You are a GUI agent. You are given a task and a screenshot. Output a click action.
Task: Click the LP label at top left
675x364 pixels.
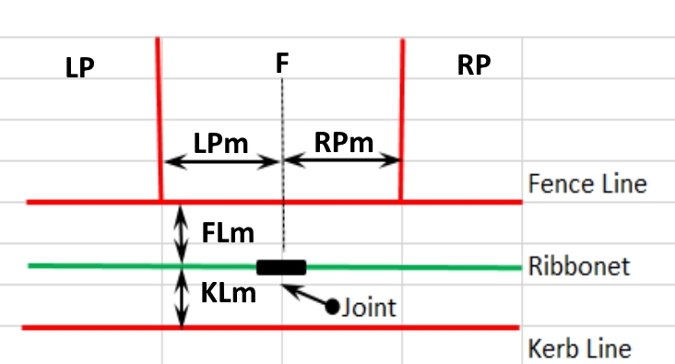pyautogui.click(x=80, y=69)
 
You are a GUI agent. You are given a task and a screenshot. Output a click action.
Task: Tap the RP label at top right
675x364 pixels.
pyautogui.click(x=473, y=65)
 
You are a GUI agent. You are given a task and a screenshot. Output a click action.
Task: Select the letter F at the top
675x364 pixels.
pyautogui.click(x=282, y=64)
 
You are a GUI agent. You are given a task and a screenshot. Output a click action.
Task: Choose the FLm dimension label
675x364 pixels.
pyautogui.click(x=229, y=231)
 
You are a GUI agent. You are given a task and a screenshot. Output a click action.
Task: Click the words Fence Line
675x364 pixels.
pyautogui.click(x=587, y=183)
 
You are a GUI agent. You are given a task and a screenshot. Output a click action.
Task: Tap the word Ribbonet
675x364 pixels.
pyautogui.click(x=579, y=267)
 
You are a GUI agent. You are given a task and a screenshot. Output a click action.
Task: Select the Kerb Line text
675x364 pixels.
pyautogui.click(x=580, y=349)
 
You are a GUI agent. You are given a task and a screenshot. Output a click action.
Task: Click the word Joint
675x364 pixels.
pyautogui.click(x=369, y=307)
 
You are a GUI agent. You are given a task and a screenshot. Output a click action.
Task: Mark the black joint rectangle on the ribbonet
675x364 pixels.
pyautogui.click(x=281, y=267)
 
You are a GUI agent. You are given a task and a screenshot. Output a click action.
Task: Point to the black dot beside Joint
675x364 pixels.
pyautogui.click(x=332, y=307)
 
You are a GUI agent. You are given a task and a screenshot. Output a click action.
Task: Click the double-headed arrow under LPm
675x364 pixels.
pyautogui.click(x=221, y=162)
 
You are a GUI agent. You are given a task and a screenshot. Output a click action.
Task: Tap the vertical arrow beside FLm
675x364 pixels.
pyautogui.click(x=182, y=233)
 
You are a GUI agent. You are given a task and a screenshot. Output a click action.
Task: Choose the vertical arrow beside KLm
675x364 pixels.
pyautogui.click(x=182, y=297)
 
